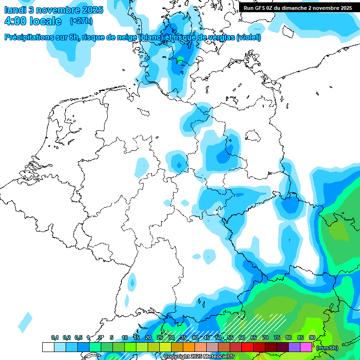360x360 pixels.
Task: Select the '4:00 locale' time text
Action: click(32, 21)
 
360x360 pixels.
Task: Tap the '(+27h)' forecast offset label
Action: click(81, 21)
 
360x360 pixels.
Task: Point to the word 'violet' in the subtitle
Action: click(248, 37)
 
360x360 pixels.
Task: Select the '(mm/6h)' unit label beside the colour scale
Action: click(327, 347)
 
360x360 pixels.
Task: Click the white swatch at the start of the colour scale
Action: click(48, 347)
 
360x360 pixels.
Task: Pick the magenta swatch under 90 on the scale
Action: click(306, 347)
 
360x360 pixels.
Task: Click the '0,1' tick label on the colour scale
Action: click(54, 337)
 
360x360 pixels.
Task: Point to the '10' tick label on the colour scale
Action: click(124, 337)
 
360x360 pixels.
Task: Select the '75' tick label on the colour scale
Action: click(277, 337)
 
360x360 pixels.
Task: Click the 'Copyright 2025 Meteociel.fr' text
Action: click(199, 356)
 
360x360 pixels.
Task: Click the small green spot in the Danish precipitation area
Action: click(180, 59)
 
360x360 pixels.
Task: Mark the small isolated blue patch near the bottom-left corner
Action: click(25, 322)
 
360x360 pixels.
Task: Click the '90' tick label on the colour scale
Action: click(312, 337)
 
